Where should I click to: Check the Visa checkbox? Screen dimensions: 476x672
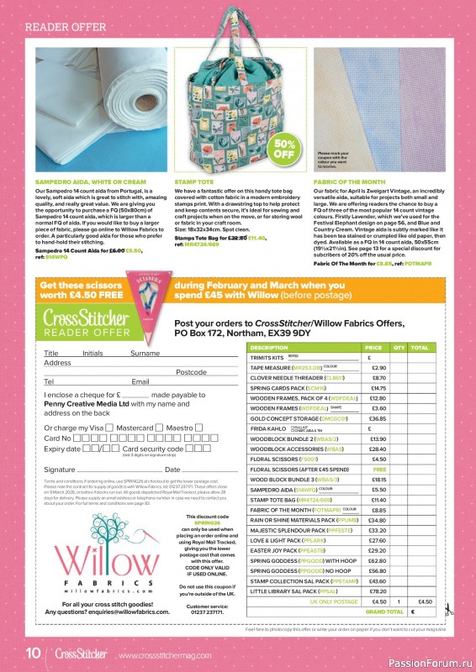coord(108,428)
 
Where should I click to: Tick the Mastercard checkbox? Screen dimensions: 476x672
coord(158,428)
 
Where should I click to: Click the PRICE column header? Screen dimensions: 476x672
coord(373,347)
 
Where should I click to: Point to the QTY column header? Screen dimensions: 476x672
coord(399,347)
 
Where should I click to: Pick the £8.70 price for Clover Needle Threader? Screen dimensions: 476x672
coord(378,378)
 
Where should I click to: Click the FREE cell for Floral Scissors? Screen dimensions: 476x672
coord(378,469)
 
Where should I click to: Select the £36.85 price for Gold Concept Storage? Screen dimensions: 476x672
coord(378,417)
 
